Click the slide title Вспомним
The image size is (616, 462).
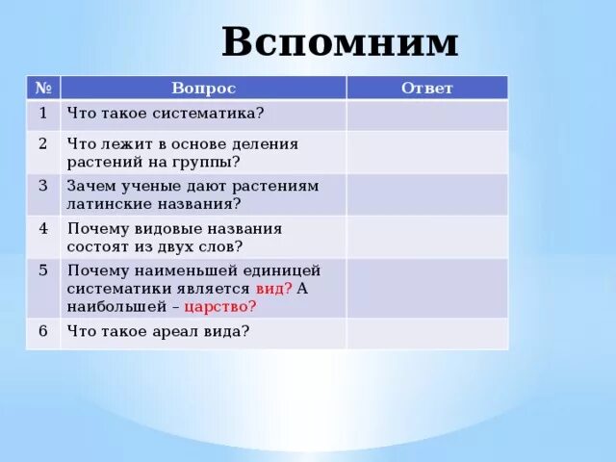pos(340,43)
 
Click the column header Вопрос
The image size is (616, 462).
pos(203,89)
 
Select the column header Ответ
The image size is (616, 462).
pos(426,89)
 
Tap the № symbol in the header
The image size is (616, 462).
pos(43,88)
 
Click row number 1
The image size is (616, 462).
pos(43,113)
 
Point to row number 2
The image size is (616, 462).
pos(43,143)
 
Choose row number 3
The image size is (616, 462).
pos(43,185)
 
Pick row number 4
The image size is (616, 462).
pos(43,228)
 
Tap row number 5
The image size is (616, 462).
pos(43,269)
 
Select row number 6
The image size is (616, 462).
pos(43,330)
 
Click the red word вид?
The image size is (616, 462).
pos(273,289)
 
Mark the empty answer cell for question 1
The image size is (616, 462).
pos(426,115)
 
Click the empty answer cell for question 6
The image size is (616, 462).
pos(426,333)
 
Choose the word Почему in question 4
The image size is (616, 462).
pos(95,228)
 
